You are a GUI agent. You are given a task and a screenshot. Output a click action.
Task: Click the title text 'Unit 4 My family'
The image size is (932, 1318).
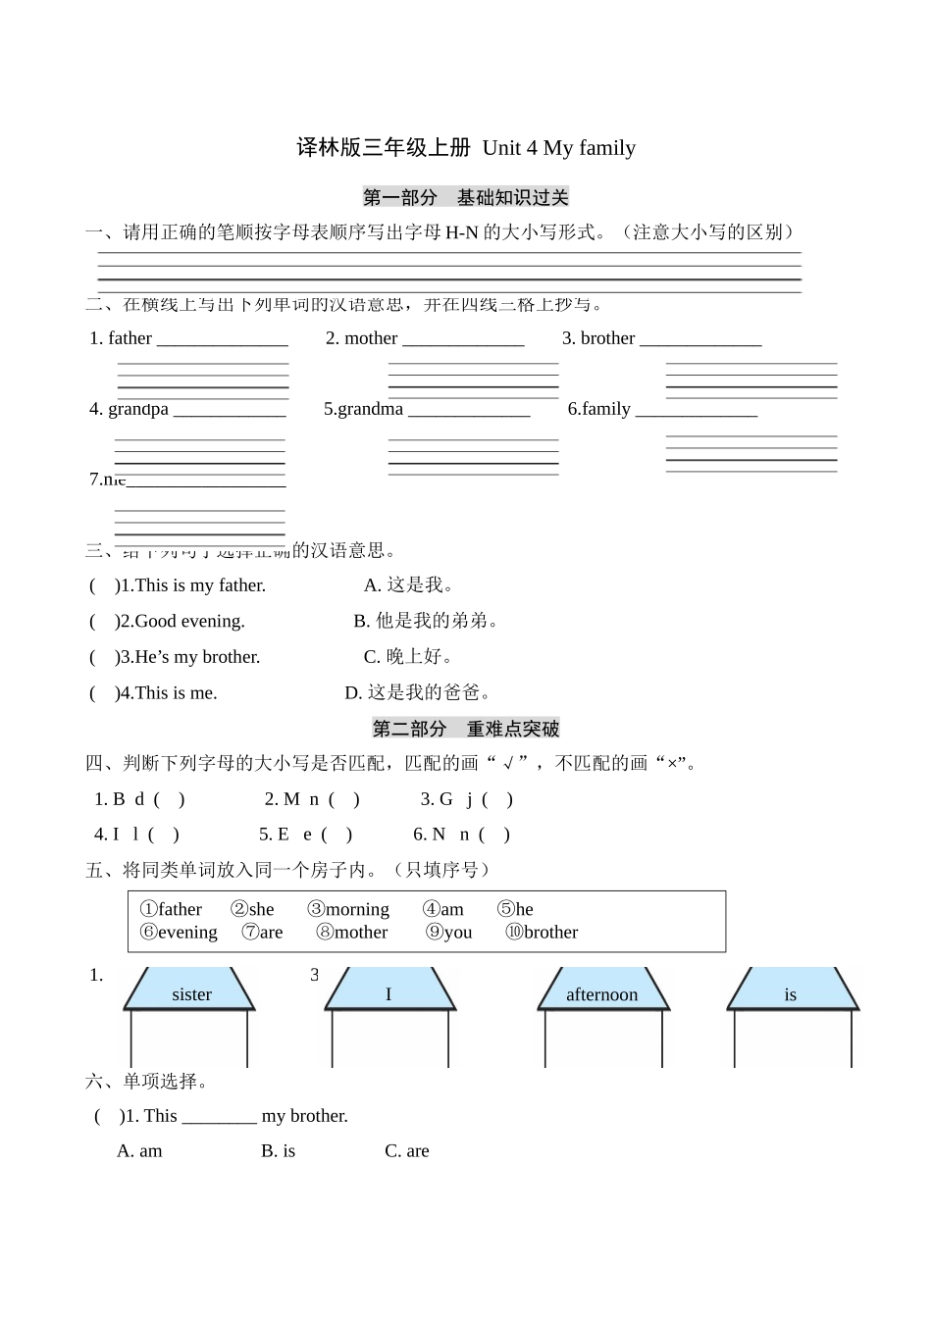coord(558,148)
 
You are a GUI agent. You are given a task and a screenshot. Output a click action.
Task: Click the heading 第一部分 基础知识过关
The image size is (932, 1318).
coord(465,197)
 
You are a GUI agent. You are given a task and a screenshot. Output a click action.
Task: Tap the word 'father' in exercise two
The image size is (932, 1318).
coord(129,338)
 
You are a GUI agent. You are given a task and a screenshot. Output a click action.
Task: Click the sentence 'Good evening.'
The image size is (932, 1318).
coord(189,621)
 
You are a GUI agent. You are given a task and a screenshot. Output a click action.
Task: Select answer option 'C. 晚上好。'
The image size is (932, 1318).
coord(408,657)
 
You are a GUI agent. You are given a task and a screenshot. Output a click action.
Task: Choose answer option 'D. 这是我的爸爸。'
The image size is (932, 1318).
coord(418,692)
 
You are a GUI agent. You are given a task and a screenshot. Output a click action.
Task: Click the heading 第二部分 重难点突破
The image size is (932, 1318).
coord(465,729)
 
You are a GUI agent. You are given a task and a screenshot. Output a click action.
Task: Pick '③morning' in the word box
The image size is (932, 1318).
coord(348,909)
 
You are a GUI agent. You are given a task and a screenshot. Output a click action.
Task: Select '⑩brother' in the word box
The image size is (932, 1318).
coord(542,932)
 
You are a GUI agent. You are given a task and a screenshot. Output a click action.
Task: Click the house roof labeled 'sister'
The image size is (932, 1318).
coord(191,993)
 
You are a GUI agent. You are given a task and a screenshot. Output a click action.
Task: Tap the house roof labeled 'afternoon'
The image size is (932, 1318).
coord(601,993)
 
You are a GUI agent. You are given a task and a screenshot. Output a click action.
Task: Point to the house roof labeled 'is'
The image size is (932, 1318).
coord(791,993)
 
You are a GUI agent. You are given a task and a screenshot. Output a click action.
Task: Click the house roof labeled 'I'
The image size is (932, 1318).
coord(388,993)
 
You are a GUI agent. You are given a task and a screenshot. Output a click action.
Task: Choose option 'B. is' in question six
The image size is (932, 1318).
coord(278,1151)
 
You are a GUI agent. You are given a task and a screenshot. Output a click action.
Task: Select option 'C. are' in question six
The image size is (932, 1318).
coord(406,1151)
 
